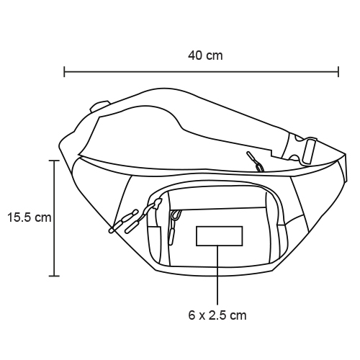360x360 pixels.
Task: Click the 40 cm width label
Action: [x=205, y=55]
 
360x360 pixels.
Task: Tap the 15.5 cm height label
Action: [x=30, y=217]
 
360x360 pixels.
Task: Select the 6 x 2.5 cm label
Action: [x=217, y=315]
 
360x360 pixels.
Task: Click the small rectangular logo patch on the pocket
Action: [x=219, y=236]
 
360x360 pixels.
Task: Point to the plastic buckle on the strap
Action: [x=302, y=150]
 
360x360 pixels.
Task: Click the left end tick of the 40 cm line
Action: [x=64, y=71]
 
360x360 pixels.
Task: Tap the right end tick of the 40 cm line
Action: [x=338, y=71]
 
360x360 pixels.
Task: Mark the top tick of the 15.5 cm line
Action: [x=54, y=161]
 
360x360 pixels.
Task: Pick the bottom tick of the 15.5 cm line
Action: [x=54, y=276]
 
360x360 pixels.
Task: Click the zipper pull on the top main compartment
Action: [x=256, y=161]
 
